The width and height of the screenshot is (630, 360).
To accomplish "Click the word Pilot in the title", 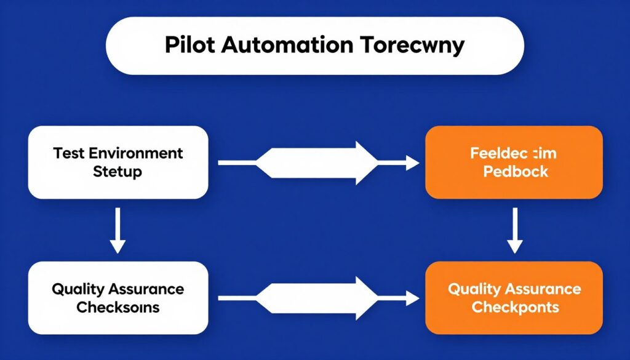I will [187, 46].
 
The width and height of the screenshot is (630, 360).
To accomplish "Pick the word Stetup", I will [118, 171].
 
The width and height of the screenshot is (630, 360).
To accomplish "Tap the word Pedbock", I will [516, 172].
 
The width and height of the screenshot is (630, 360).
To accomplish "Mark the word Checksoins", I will [118, 307].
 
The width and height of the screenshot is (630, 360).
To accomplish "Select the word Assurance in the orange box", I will [544, 289].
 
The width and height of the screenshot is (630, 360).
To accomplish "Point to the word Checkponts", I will [515, 307].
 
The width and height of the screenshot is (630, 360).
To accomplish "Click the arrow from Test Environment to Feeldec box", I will [318, 162].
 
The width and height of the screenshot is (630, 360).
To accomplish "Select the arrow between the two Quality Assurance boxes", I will [318, 298].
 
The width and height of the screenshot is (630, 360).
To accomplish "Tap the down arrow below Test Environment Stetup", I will [118, 230].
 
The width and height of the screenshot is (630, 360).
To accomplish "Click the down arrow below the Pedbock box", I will [515, 230].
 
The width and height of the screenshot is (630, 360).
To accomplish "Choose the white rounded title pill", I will [314, 46].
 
